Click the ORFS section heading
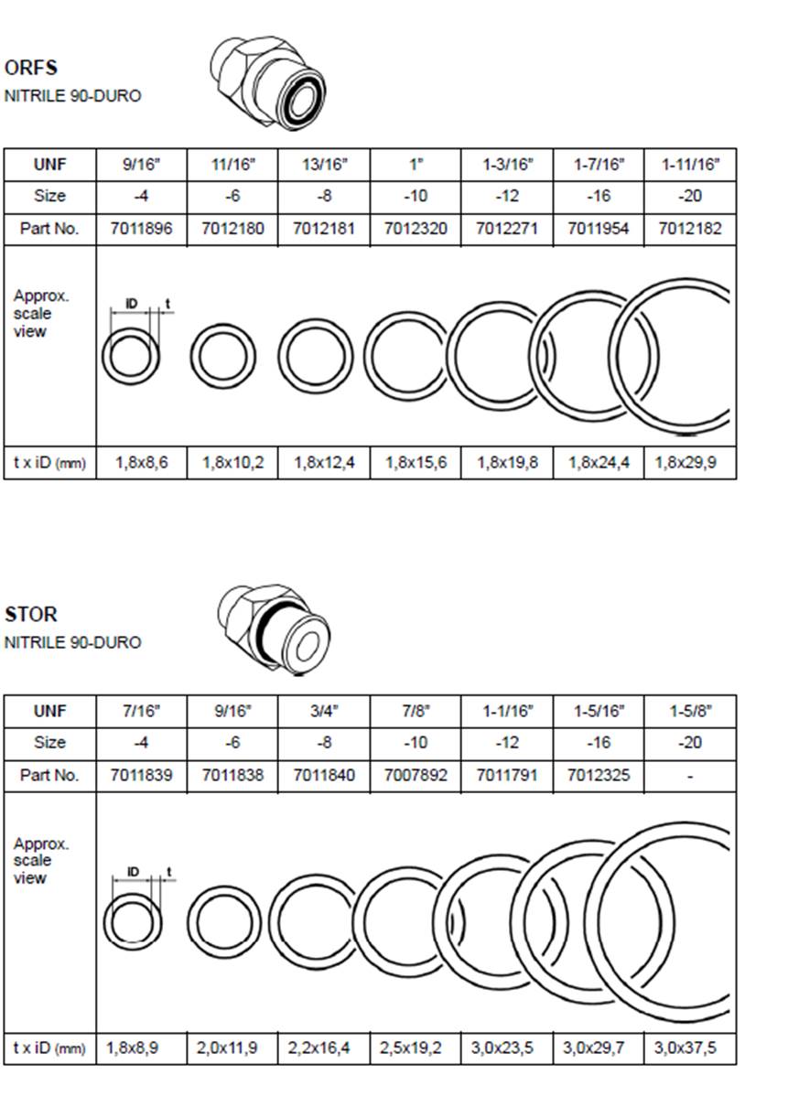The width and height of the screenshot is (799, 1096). (31, 68)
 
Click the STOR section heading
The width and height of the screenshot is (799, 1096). (31, 615)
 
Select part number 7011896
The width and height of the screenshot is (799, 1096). (141, 229)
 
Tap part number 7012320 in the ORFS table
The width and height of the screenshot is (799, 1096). (416, 229)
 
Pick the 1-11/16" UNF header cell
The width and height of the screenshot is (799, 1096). (690, 165)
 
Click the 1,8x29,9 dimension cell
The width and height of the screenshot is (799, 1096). (686, 463)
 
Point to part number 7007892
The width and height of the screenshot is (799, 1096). (416, 775)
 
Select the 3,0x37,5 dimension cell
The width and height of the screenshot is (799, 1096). (686, 1048)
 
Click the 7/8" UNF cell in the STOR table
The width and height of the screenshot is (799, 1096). (416, 712)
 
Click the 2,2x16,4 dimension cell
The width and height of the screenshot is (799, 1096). (319, 1048)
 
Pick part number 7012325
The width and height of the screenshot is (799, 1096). (599, 775)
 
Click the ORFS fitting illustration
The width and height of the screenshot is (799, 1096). (268, 82)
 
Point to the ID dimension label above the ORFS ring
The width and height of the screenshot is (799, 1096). (132, 304)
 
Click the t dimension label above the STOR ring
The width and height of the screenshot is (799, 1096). (168, 872)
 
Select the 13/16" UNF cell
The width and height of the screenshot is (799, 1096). (324, 165)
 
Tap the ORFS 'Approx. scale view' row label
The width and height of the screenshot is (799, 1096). (41, 313)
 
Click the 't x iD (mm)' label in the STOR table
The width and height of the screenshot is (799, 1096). (49, 1048)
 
